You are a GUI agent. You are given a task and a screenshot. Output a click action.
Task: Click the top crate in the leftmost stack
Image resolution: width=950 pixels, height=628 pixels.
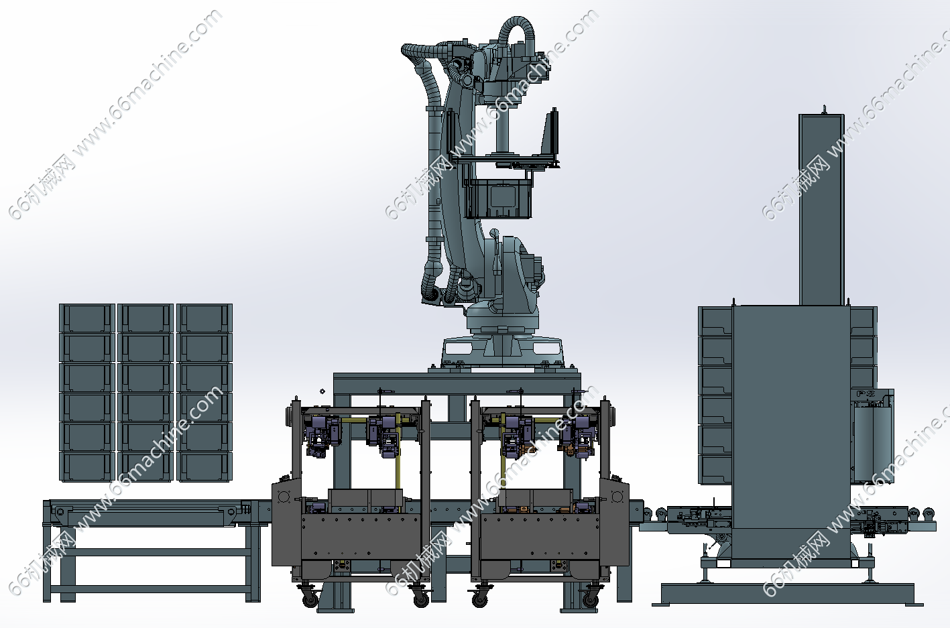[x=87, y=318]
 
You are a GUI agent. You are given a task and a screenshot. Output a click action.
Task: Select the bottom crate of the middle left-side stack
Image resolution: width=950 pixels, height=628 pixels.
[x=145, y=466]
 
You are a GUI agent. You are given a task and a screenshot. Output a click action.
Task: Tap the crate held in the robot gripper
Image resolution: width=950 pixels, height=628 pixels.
[x=498, y=198]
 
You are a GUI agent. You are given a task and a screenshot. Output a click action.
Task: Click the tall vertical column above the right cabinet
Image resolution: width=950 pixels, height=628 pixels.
[x=821, y=209]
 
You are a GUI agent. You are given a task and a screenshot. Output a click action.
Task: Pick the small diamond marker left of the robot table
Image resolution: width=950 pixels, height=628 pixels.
[x=322, y=391]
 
